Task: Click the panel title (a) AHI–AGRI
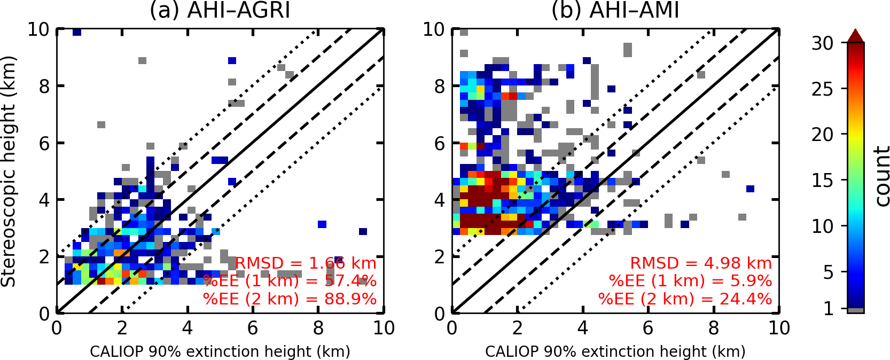click(220, 10)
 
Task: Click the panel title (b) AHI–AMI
click(615, 10)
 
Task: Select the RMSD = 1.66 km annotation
click(306, 263)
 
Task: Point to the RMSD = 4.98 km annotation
click(701, 263)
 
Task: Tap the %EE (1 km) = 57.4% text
click(290, 281)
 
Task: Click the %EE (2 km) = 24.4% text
click(685, 299)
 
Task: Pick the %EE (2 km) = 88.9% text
click(290, 299)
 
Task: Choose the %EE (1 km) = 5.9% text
click(690, 281)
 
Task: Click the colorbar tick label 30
click(822, 43)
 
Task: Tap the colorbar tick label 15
click(822, 181)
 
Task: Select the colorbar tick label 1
click(829, 309)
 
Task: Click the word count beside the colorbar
click(882, 177)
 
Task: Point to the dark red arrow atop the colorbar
click(855, 36)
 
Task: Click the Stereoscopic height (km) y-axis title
click(9, 171)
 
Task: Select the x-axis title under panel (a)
click(220, 351)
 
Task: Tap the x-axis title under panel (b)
click(615, 351)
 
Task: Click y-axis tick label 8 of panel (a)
click(44, 87)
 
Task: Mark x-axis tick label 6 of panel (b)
click(648, 328)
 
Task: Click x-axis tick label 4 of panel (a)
click(187, 328)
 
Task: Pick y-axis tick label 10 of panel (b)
click(434, 29)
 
